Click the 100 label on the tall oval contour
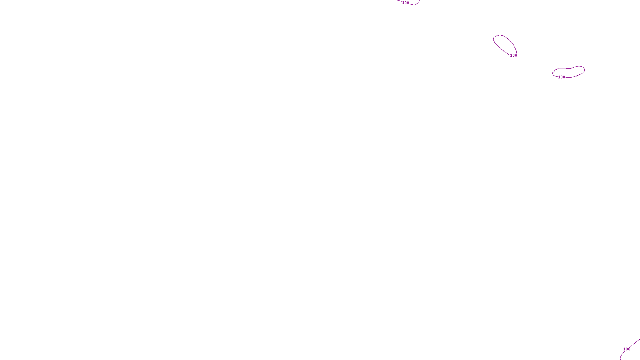[514, 56]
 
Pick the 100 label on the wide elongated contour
[562, 77]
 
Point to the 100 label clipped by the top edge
[406, 3]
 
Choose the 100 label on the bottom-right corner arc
[627, 349]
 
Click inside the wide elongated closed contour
[569, 72]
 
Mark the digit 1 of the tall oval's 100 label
[511, 56]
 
